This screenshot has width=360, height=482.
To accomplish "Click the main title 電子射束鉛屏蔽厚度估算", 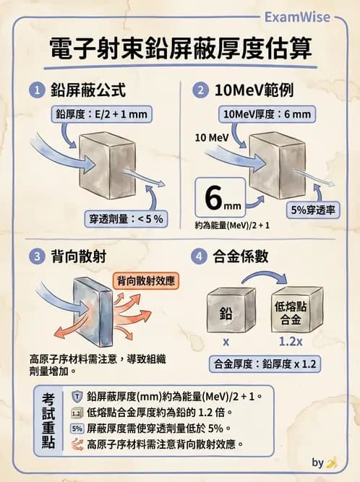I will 180,49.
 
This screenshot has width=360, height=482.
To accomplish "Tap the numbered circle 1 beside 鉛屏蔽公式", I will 35,91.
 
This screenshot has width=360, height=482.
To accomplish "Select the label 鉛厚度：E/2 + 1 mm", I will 98,114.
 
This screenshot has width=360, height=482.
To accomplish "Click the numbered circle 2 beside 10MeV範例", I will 200,91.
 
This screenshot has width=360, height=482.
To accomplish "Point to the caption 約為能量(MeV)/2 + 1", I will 233,225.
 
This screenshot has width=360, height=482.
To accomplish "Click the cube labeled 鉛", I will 226,310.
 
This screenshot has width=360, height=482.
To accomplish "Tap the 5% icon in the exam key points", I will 77,429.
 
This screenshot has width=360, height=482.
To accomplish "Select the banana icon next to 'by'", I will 332,463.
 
